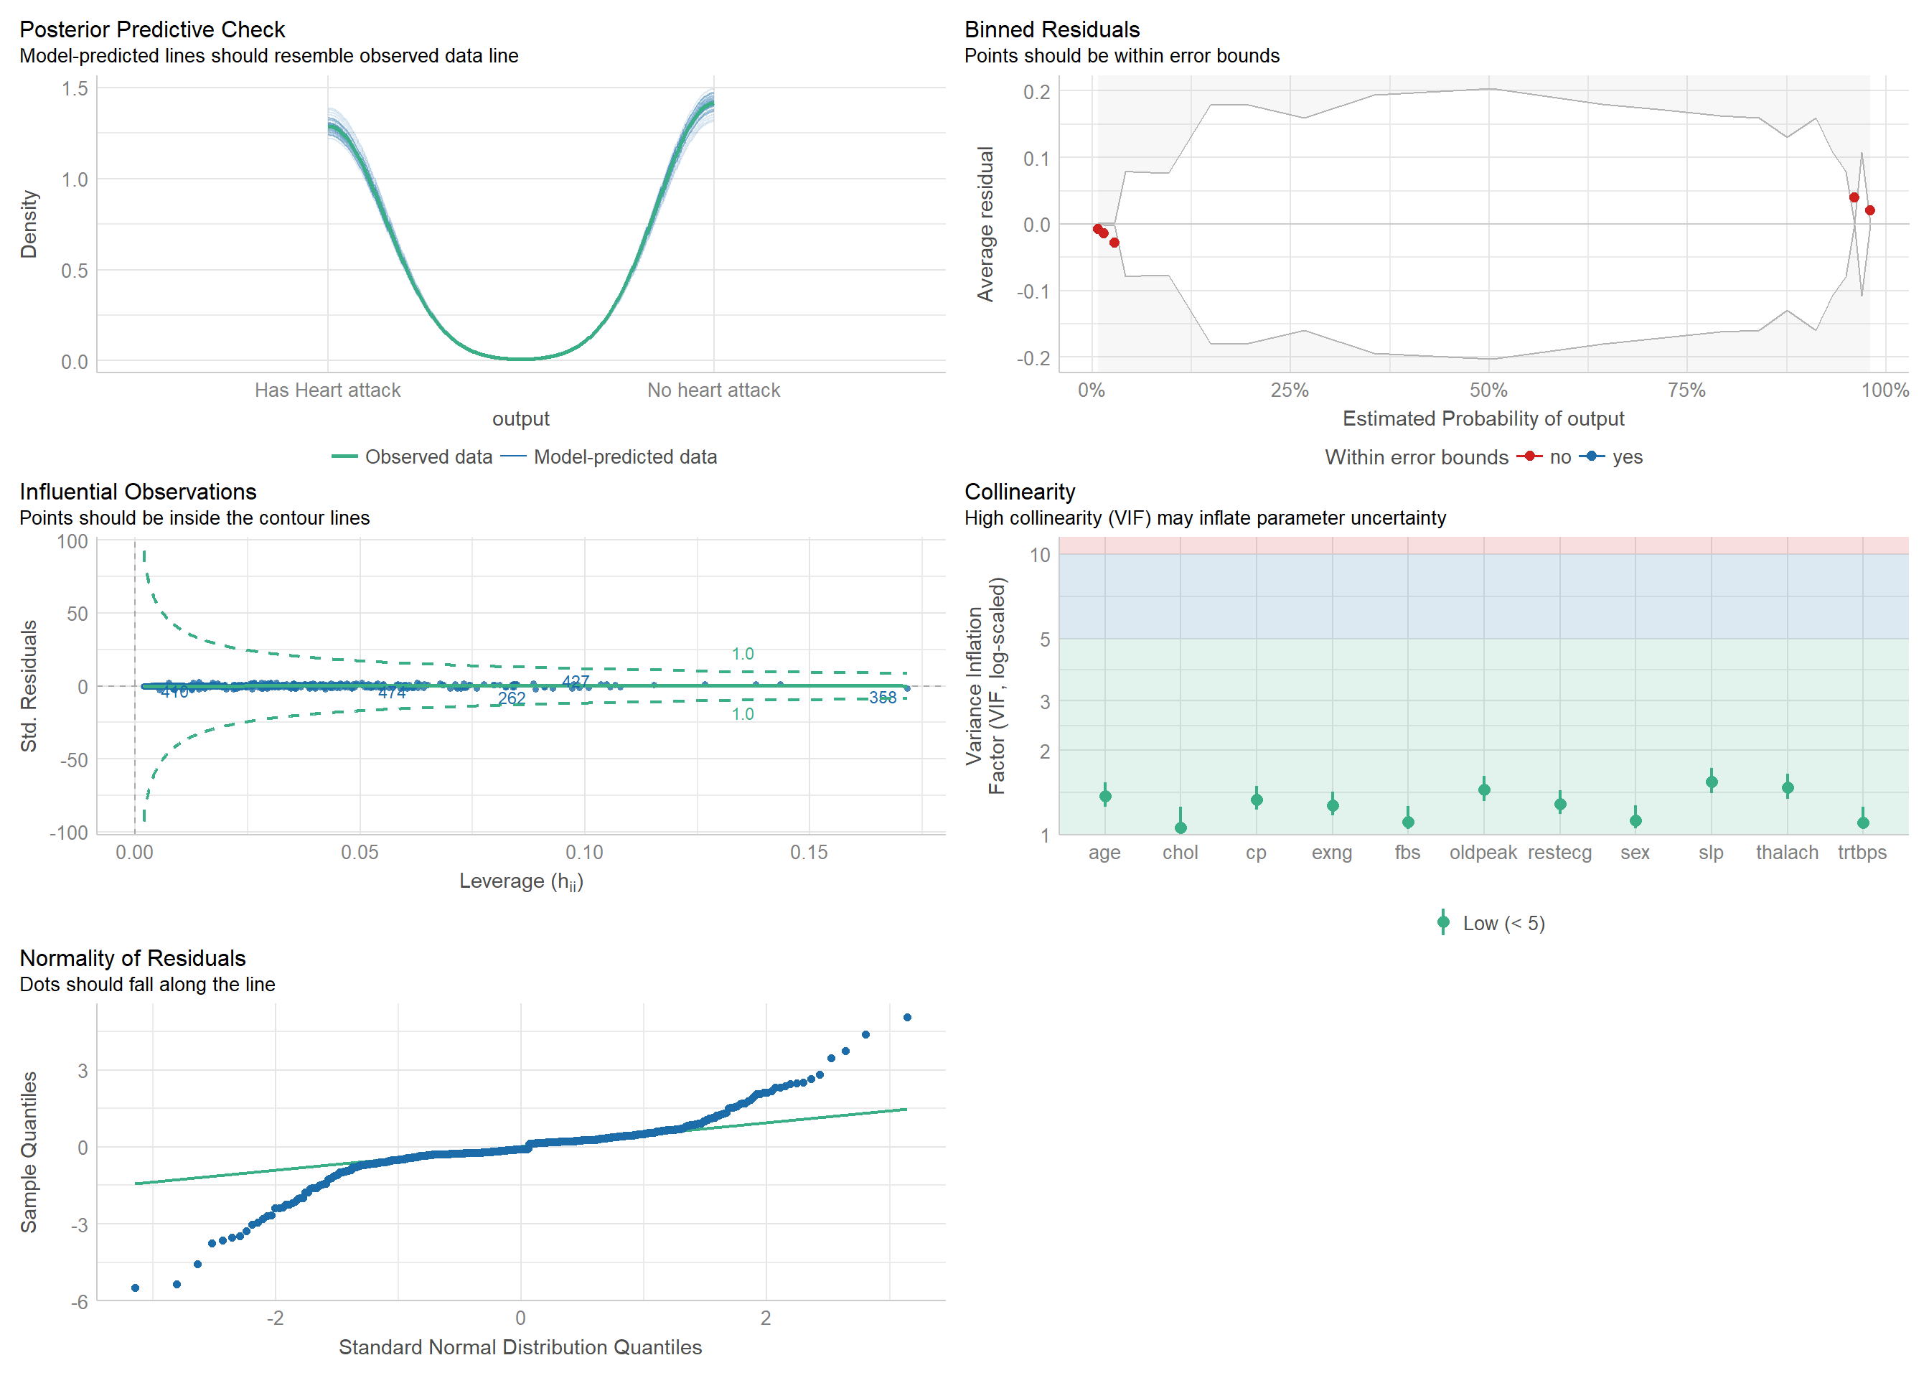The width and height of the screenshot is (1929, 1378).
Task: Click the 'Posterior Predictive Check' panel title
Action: [152, 29]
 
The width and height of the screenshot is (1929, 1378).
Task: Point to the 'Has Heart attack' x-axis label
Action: [327, 390]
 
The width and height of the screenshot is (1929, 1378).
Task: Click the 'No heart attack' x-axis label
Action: [713, 390]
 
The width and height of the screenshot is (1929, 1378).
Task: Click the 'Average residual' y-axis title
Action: [985, 224]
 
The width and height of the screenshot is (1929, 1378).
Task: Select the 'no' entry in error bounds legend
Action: [1559, 456]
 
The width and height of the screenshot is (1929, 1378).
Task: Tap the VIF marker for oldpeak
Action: [1483, 790]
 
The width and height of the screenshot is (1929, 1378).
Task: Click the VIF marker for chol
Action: [1180, 828]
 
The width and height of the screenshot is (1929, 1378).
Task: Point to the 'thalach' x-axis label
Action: [1786, 852]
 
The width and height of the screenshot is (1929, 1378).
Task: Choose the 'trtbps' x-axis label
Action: [1862, 852]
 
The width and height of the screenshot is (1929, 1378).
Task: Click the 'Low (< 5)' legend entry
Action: [1503, 923]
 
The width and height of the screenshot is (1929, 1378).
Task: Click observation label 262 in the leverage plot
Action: [512, 698]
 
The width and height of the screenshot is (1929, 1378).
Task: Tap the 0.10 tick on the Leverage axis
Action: [584, 852]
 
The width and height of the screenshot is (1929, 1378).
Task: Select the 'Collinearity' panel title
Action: [1020, 492]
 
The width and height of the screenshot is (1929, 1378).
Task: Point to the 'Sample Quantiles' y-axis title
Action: [29, 1151]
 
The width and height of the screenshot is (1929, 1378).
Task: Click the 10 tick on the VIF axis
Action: [1040, 555]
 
